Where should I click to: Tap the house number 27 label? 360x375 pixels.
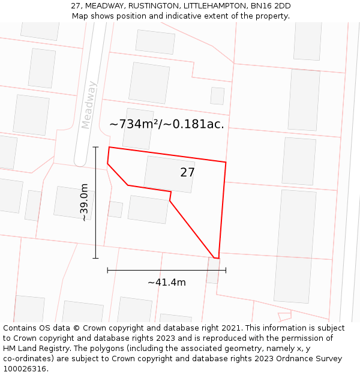click(187, 173)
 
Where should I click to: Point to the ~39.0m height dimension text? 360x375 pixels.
click(85, 202)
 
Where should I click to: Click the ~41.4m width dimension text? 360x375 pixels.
click(166, 282)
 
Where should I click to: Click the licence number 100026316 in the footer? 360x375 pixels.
click(26, 369)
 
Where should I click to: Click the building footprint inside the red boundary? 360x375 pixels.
click(169, 174)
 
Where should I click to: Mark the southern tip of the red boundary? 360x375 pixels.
click(217, 259)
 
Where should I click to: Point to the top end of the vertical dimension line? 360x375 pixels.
click(95, 146)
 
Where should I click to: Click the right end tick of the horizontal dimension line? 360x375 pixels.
click(226, 270)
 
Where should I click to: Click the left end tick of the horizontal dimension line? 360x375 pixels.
click(107, 270)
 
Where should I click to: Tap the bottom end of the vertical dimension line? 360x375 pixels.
click(95, 258)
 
